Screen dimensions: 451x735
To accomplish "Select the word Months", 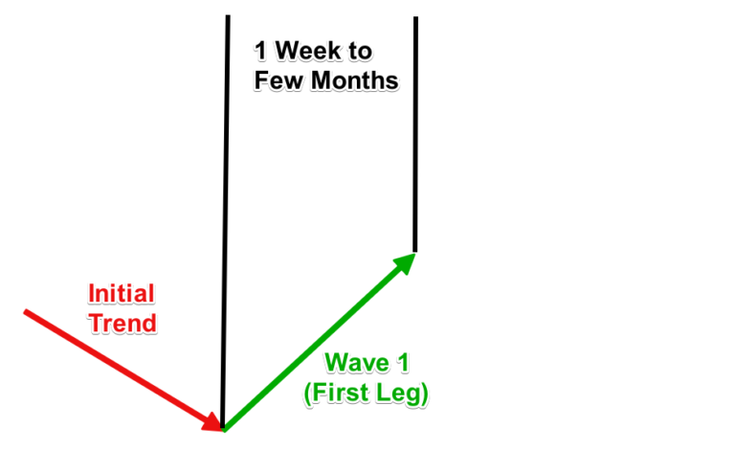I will (349, 81).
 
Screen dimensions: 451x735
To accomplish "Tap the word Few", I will (277, 81).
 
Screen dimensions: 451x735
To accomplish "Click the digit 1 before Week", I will (260, 49).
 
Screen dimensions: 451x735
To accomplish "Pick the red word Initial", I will (122, 293).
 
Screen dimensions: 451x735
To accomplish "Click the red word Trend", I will (122, 323).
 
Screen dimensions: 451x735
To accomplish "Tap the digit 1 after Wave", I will (410, 362).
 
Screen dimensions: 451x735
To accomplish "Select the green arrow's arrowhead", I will (405, 260).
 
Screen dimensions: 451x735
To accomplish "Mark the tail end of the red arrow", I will (26, 311).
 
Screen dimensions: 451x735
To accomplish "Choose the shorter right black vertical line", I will (415, 134).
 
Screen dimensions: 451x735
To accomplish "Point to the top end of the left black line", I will (228, 17).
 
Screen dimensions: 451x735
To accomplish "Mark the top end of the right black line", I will (415, 18).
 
